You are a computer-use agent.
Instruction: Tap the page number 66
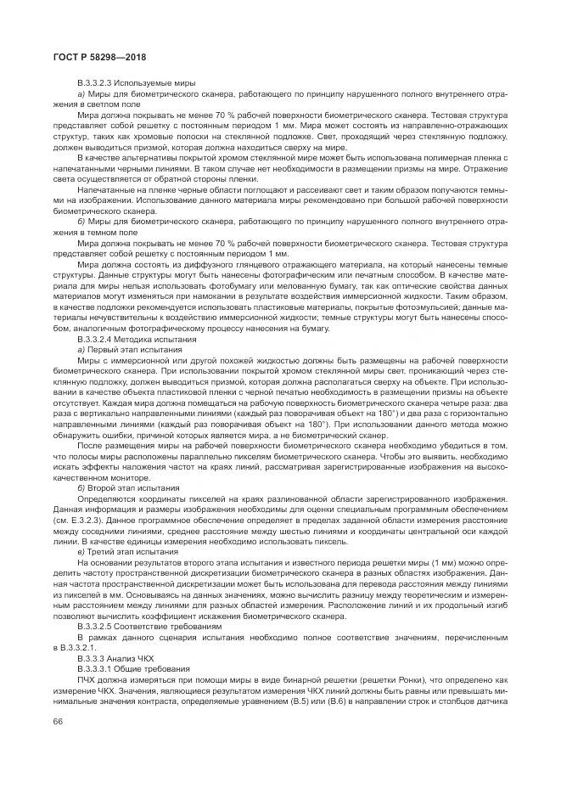pos(57,722)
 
